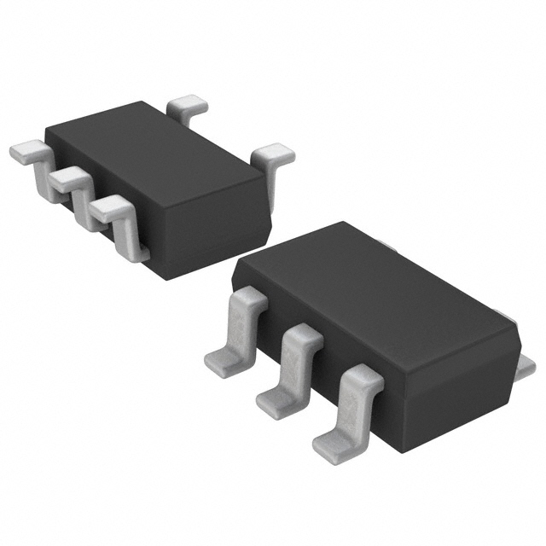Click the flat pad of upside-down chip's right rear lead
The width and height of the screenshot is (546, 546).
pos(276,154)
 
